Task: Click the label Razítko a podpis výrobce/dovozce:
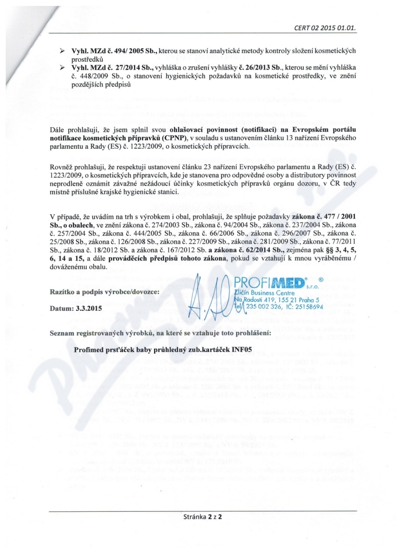105,292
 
